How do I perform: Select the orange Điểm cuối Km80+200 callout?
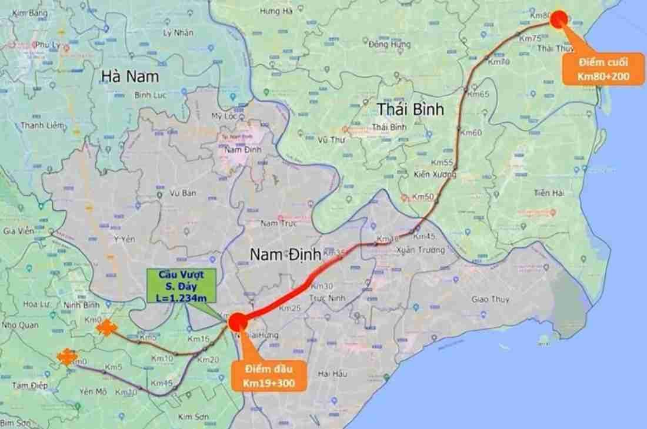603,69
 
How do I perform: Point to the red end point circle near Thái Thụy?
558,18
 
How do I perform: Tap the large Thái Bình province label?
410,109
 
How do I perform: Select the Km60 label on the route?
471,133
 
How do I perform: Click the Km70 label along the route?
499,62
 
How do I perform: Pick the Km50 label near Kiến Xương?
423,196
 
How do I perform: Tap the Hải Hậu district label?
332,374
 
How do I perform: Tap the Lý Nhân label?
178,33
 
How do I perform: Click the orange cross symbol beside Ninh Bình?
106,327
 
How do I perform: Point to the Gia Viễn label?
17,231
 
